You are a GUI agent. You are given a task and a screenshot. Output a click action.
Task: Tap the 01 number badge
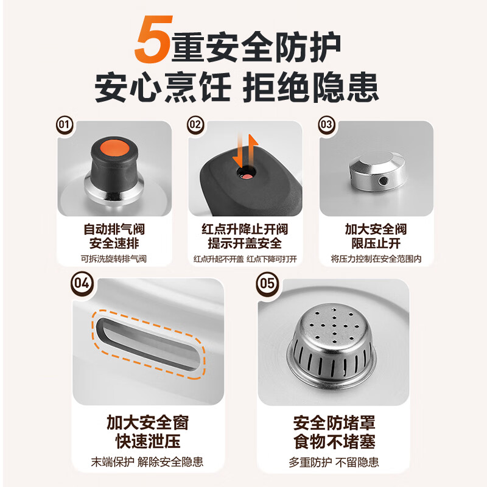coord(64,125)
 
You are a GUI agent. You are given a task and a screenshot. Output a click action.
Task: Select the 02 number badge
coord(195,125)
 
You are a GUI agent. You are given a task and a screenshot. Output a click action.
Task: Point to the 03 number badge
coord(327,125)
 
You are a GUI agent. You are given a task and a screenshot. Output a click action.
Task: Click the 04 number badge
coord(82,284)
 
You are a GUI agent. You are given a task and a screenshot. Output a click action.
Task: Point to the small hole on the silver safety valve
coord(383,181)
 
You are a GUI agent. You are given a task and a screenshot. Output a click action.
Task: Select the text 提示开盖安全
coord(245,243)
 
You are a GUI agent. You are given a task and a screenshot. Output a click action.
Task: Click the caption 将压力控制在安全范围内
coord(376,259)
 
